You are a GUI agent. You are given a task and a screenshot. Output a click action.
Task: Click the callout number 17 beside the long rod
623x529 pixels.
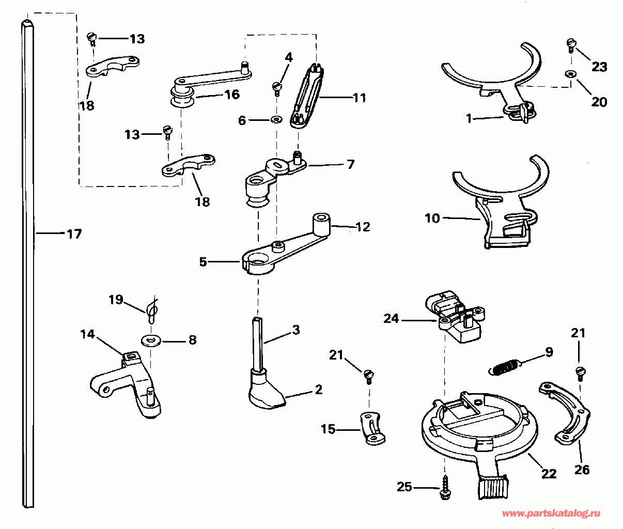(x=74, y=234)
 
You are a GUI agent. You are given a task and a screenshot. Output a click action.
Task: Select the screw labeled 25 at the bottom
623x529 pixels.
(x=445, y=489)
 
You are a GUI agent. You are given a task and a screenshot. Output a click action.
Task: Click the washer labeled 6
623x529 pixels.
(x=276, y=120)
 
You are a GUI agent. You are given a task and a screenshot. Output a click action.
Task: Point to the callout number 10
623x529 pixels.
(x=432, y=219)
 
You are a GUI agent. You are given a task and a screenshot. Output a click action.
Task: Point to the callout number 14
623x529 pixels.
(x=87, y=335)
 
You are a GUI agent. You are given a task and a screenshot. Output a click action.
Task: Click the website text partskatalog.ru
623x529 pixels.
(x=551, y=514)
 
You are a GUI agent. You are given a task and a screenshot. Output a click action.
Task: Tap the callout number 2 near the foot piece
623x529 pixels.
(x=318, y=389)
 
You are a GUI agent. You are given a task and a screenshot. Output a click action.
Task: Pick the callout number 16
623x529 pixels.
(x=232, y=94)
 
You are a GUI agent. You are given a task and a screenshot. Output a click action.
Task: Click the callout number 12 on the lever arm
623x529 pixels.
(x=363, y=227)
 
